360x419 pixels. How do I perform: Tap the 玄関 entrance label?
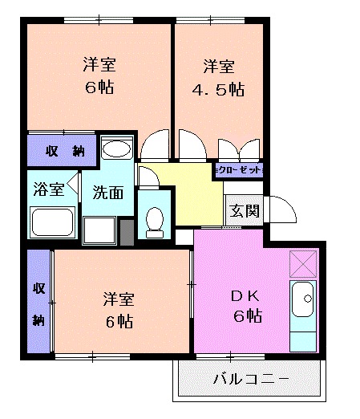tap(244, 211)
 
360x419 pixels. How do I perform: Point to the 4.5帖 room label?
tap(218, 77)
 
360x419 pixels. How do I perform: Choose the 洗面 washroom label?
tap(107, 193)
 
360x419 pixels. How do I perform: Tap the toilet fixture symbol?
tap(155, 218)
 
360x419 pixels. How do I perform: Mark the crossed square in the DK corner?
tap(304, 262)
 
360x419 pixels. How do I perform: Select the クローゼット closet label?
tap(238, 171)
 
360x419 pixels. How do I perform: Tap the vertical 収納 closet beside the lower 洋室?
tap(38, 303)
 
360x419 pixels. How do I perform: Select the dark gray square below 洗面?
tap(126, 230)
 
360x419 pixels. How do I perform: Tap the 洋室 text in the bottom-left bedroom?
tap(117, 299)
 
